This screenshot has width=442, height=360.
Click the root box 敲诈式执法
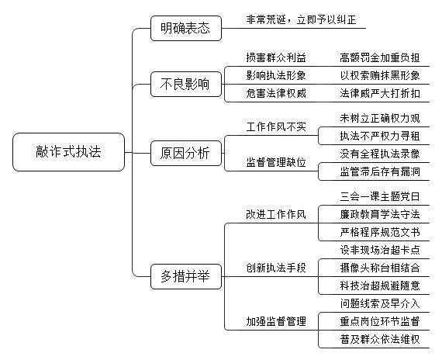(x=68, y=152)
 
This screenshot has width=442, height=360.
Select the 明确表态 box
(x=186, y=28)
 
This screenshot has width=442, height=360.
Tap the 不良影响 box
(x=186, y=84)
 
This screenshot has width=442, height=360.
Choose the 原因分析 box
(x=186, y=153)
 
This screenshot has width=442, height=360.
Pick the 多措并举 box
(x=186, y=276)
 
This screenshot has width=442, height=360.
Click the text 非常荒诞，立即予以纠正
(x=301, y=19)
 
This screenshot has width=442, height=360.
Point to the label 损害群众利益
(x=276, y=57)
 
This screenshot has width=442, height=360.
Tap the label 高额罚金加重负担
(x=380, y=57)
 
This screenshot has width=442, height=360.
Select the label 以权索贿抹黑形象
(x=380, y=75)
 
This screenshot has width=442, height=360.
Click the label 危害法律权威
(x=276, y=93)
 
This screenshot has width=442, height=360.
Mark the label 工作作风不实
(x=276, y=126)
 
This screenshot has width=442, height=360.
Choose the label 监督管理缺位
(x=276, y=162)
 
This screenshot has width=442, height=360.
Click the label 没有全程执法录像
(x=380, y=154)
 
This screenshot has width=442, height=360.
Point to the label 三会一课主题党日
(x=380, y=196)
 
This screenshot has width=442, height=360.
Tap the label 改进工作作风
(x=276, y=214)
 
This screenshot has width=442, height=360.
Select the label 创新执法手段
(x=276, y=268)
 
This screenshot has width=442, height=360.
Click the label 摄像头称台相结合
(x=380, y=268)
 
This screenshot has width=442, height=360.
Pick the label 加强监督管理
(x=276, y=321)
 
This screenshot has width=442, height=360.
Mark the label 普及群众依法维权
(x=380, y=339)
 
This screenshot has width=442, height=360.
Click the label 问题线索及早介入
(x=380, y=303)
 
